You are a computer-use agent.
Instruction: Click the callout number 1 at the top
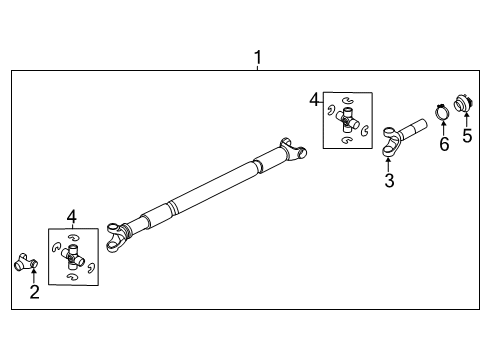(x=257, y=58)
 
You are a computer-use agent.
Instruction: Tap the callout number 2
(x=34, y=291)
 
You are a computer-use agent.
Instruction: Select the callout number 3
(x=389, y=181)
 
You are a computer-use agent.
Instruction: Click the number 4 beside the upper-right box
(x=314, y=100)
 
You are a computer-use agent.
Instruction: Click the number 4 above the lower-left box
(x=71, y=216)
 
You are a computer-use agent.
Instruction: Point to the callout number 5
(x=466, y=136)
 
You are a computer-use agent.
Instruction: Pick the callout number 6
(x=444, y=144)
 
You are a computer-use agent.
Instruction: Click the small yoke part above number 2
(x=25, y=263)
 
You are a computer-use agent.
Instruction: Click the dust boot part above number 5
(x=463, y=102)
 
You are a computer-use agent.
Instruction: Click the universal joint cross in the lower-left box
(x=73, y=257)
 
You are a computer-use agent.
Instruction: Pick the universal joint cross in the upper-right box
(x=348, y=122)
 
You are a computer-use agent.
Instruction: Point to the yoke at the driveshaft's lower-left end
(x=120, y=237)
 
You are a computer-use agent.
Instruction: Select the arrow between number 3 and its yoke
(x=389, y=163)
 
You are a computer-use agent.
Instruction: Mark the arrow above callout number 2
(x=33, y=275)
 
